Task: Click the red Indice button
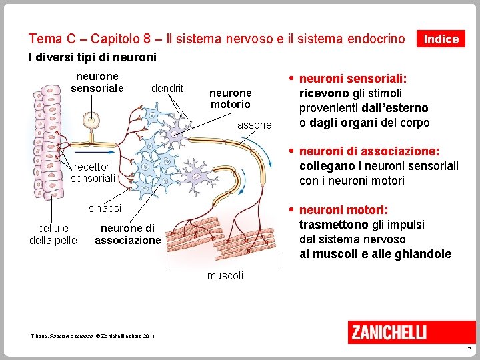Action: pos(441,39)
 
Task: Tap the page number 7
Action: pos(469,349)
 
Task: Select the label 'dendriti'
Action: pos(169,88)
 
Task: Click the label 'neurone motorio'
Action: pos(230,99)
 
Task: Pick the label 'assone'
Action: pos(255,125)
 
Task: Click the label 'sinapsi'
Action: pos(105,208)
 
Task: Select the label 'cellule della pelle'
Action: pos(53,234)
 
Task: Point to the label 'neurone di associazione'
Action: pos(127,234)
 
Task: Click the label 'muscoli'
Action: pos(225,275)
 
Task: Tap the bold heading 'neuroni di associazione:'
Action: pos(369,151)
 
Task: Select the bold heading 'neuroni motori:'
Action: pos(344,210)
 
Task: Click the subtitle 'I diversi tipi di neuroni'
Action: pos(93,57)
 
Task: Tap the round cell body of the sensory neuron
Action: pos(89,120)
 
